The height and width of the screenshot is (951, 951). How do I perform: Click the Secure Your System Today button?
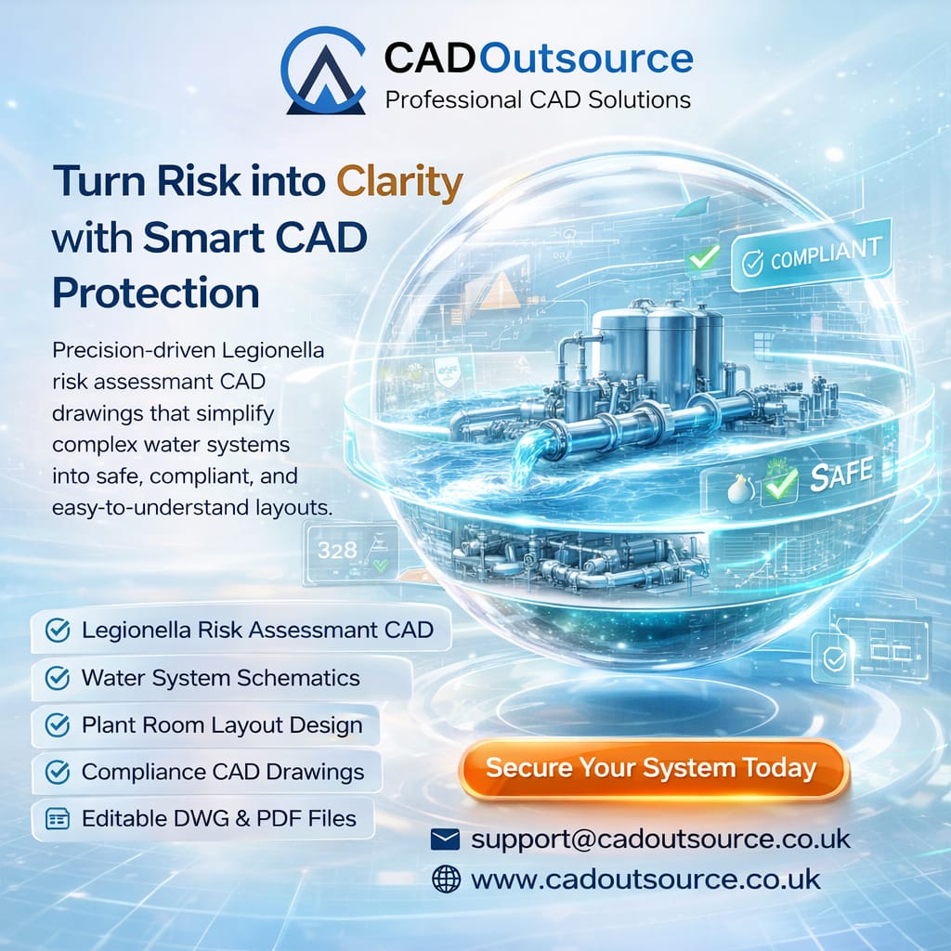(x=651, y=769)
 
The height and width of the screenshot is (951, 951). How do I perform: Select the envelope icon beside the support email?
(x=446, y=840)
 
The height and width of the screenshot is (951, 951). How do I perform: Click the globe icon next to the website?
(x=446, y=879)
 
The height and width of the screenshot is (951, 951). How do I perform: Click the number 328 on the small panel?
(x=336, y=550)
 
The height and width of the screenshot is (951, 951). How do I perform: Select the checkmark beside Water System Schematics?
(x=58, y=679)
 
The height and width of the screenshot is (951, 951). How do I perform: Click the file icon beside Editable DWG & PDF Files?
(x=58, y=819)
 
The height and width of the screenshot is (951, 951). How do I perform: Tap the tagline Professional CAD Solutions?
(x=538, y=99)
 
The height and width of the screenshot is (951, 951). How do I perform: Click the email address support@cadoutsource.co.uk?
(x=660, y=839)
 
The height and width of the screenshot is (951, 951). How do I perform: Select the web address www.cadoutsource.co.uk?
(x=646, y=879)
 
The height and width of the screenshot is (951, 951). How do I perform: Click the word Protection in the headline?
(x=156, y=293)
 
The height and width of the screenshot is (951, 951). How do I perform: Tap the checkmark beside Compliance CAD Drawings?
(x=58, y=772)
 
